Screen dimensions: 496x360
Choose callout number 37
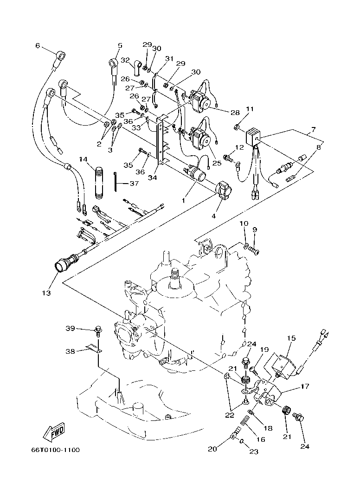(x=134, y=184)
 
